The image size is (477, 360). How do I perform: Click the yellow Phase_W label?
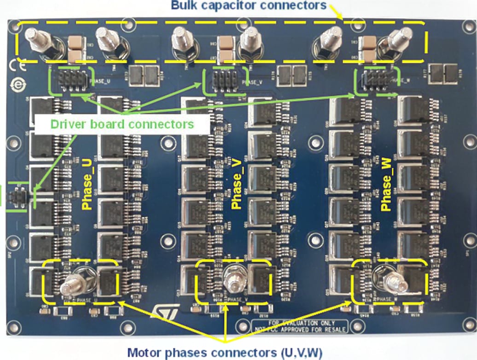pos(387,186)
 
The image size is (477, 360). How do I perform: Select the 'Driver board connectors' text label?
pos(122,124)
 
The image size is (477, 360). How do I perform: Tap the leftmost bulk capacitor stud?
pos(35,41)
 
